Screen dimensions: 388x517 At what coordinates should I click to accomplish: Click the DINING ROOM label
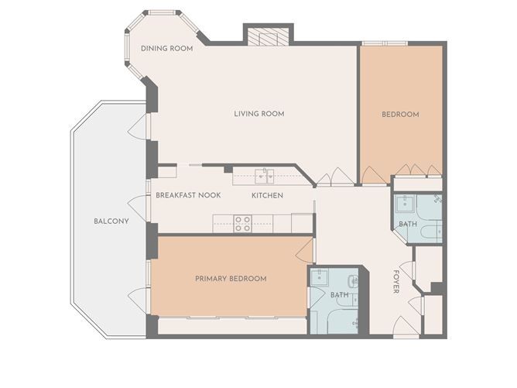pos(166,49)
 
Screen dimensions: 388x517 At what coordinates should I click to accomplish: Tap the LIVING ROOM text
pos(259,114)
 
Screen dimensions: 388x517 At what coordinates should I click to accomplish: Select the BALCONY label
pos(111,221)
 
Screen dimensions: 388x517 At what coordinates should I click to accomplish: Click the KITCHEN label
pos(267,195)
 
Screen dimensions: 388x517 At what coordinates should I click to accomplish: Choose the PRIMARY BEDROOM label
pos(231,279)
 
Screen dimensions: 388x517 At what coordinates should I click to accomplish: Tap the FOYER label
pos(396,281)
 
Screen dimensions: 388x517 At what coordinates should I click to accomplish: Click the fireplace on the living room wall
pos(268,36)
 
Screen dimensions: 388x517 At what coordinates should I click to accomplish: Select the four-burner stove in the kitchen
pos(242,223)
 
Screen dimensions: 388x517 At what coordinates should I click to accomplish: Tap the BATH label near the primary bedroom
pos(339,295)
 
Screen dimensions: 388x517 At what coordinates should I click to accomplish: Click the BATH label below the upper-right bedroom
pos(407,225)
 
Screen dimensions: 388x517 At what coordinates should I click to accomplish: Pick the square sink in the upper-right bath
pos(404,204)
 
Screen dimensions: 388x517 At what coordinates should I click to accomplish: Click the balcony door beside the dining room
pos(139,127)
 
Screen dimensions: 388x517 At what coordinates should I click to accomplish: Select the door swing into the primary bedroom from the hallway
pos(305,249)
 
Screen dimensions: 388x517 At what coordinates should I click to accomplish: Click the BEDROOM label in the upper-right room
pos(400,114)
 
